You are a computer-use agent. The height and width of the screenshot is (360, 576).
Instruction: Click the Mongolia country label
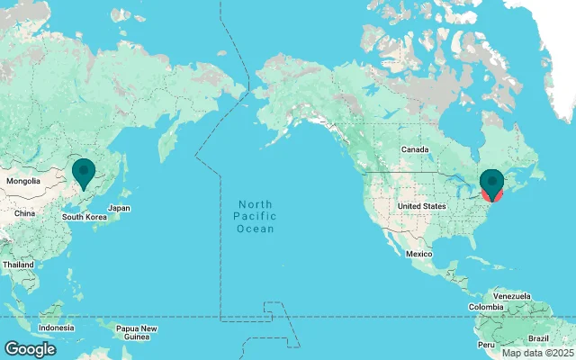pos(23,181)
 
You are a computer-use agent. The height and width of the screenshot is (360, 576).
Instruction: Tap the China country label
pos(24,213)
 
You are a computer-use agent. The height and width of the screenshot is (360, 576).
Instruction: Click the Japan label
pos(120,208)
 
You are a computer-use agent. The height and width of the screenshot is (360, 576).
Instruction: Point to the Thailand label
pos(17,265)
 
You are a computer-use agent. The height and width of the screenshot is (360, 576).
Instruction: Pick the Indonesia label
pos(56,327)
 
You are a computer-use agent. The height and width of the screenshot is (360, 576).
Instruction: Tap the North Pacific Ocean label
pos(255,217)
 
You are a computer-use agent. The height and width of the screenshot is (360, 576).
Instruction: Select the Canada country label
pos(413,148)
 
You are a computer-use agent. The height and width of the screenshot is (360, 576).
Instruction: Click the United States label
pos(421,206)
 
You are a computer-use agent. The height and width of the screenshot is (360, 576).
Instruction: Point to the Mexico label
pos(419,255)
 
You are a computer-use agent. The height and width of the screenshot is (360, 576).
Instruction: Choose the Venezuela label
pos(512,296)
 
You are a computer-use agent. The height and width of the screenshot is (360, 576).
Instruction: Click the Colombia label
pos(486,307)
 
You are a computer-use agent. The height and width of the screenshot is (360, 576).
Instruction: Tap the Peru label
pos(486,345)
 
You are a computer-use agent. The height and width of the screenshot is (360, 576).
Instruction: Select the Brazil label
pos(538,337)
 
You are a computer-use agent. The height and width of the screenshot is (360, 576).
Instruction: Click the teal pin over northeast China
pos(84,170)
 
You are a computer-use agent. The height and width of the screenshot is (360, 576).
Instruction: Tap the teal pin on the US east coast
pos(492,181)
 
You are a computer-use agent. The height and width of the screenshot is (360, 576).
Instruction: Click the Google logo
pos(30,349)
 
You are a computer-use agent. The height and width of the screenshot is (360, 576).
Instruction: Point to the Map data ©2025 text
pos(537,353)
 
